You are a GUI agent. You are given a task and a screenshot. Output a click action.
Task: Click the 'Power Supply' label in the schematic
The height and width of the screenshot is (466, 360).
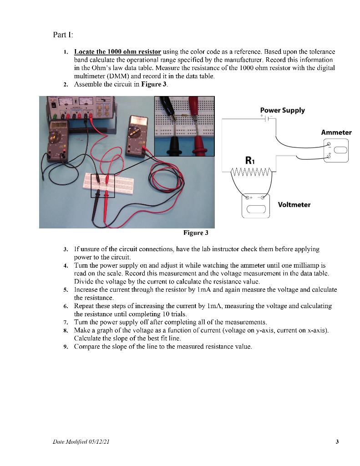(282, 110)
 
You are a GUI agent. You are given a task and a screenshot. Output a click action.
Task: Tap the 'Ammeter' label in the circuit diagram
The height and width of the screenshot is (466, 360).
(336, 132)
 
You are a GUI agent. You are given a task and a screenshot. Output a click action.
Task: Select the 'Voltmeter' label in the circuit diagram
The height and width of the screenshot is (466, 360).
(294, 205)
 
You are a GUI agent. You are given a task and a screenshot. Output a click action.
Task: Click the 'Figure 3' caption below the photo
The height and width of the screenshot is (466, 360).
(195, 233)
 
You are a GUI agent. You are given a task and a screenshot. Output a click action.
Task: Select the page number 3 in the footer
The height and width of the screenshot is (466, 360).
(337, 441)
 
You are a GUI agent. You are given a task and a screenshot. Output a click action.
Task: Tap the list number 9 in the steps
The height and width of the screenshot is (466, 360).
(66, 347)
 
